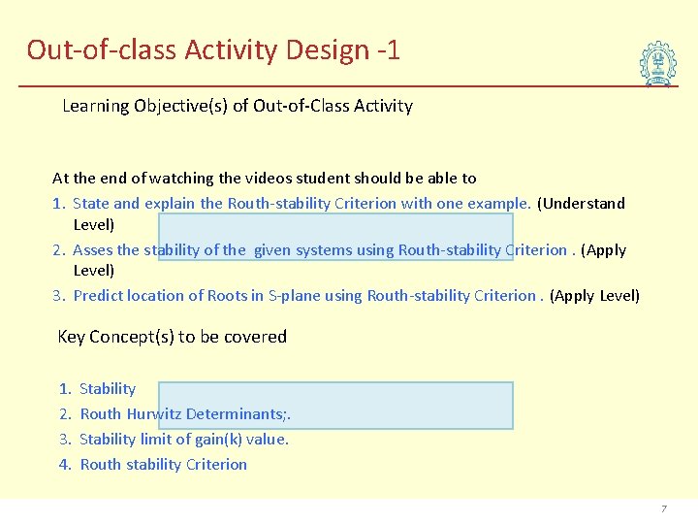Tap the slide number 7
point(664,508)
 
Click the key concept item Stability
point(108,389)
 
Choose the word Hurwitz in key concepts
point(154,414)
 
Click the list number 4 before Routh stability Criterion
point(65,465)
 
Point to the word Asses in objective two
point(92,250)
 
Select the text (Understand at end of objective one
point(581,204)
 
